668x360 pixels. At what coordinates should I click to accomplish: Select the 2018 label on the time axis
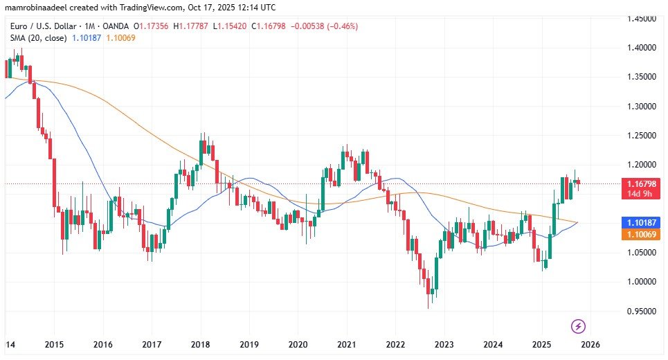[x=201, y=344]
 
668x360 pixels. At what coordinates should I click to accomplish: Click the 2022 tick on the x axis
[x=395, y=344]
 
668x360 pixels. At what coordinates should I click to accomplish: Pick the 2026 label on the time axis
[x=590, y=344]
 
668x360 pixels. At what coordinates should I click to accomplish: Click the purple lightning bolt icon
[x=579, y=325]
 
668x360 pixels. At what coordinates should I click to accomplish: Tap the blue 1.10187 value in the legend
[x=87, y=37]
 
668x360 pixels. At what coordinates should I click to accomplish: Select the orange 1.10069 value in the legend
[x=120, y=37]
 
